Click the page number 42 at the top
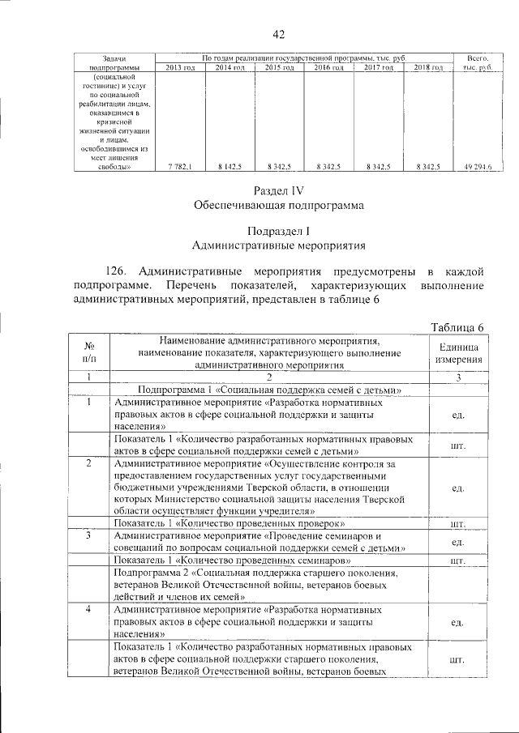coord(279,34)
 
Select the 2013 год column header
coord(179,67)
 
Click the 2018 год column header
coord(427,67)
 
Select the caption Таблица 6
coord(458,326)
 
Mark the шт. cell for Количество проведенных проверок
coord(459,523)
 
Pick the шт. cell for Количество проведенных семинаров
coord(459,560)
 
